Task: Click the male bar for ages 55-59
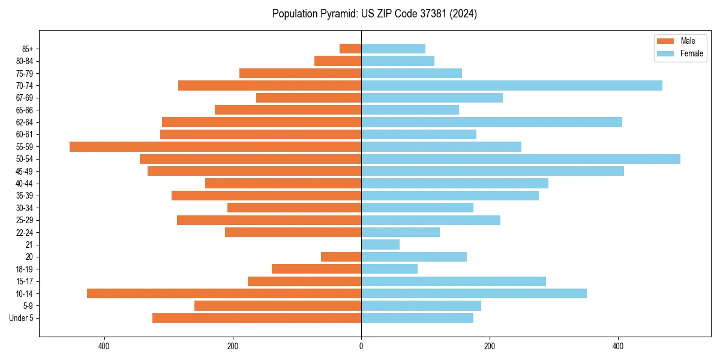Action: pos(215,146)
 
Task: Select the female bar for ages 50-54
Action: pos(521,159)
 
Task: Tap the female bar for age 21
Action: pos(380,244)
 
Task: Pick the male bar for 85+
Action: pos(350,49)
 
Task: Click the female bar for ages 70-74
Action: pos(512,85)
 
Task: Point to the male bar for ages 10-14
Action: pos(224,293)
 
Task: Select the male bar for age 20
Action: pos(341,257)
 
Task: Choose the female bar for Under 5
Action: pos(417,318)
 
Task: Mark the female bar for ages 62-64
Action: pos(491,122)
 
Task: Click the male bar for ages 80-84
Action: pos(338,61)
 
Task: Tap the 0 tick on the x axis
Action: pos(361,346)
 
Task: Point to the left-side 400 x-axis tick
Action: pos(104,346)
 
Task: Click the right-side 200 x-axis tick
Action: pos(490,346)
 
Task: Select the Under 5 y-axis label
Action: pos(22,318)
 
